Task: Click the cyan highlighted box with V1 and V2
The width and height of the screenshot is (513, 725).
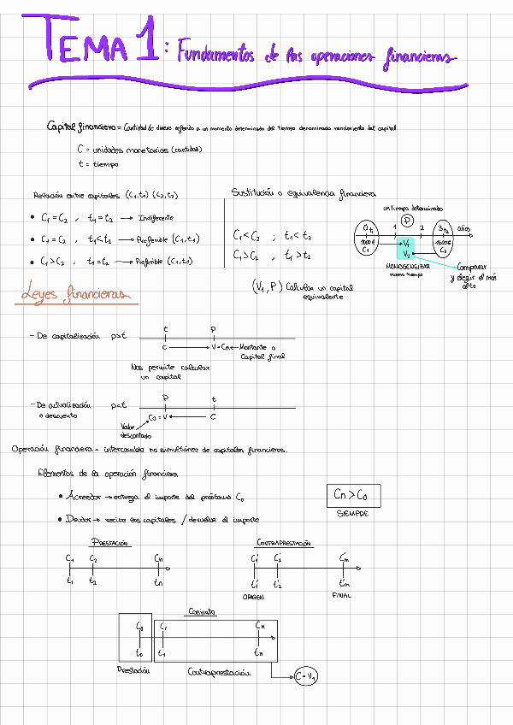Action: click(405, 249)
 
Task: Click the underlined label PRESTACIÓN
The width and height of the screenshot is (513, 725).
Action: click(111, 542)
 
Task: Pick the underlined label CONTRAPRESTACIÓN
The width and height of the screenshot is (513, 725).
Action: click(284, 542)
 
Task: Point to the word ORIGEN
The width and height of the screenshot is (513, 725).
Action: click(254, 597)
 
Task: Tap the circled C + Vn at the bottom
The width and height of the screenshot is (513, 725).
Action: click(306, 675)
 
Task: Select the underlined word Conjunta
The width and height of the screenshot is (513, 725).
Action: click(201, 611)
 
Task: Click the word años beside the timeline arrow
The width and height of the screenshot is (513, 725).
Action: click(463, 228)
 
